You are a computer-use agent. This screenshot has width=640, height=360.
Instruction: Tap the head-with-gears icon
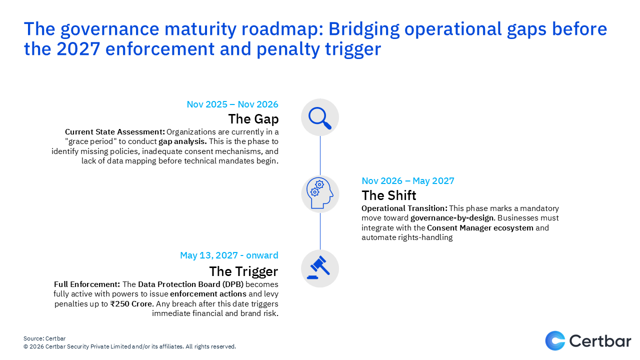tap(319, 193)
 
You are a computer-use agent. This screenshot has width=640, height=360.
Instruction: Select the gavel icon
tap(318, 267)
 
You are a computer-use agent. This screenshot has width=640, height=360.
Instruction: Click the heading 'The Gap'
tap(253, 119)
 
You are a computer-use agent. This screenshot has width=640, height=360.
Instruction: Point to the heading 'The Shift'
tap(389, 195)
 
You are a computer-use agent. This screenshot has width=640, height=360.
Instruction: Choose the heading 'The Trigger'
tap(243, 271)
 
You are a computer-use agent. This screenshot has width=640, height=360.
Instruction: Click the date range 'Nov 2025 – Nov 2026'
tap(232, 104)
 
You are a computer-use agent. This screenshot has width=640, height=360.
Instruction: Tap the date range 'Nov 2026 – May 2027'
tap(407, 181)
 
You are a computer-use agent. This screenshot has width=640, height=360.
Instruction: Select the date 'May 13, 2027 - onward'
tap(229, 255)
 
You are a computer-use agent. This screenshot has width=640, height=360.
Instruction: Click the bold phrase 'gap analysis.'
tap(182, 141)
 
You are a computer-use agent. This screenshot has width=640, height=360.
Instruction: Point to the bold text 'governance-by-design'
tap(452, 218)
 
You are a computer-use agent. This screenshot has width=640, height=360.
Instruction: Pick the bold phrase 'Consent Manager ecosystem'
tap(480, 227)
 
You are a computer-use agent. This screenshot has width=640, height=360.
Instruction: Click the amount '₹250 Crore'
tap(131, 303)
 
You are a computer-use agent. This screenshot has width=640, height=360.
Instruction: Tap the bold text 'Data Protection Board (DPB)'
tap(190, 284)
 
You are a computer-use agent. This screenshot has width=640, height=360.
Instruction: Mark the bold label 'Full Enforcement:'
tap(87, 284)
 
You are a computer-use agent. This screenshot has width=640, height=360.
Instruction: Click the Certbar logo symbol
tap(555, 340)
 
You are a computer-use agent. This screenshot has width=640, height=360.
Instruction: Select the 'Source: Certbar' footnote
tap(44, 338)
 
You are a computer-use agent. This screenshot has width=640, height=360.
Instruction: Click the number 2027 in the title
tap(78, 48)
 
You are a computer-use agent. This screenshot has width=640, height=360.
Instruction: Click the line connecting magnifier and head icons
tap(320, 155)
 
